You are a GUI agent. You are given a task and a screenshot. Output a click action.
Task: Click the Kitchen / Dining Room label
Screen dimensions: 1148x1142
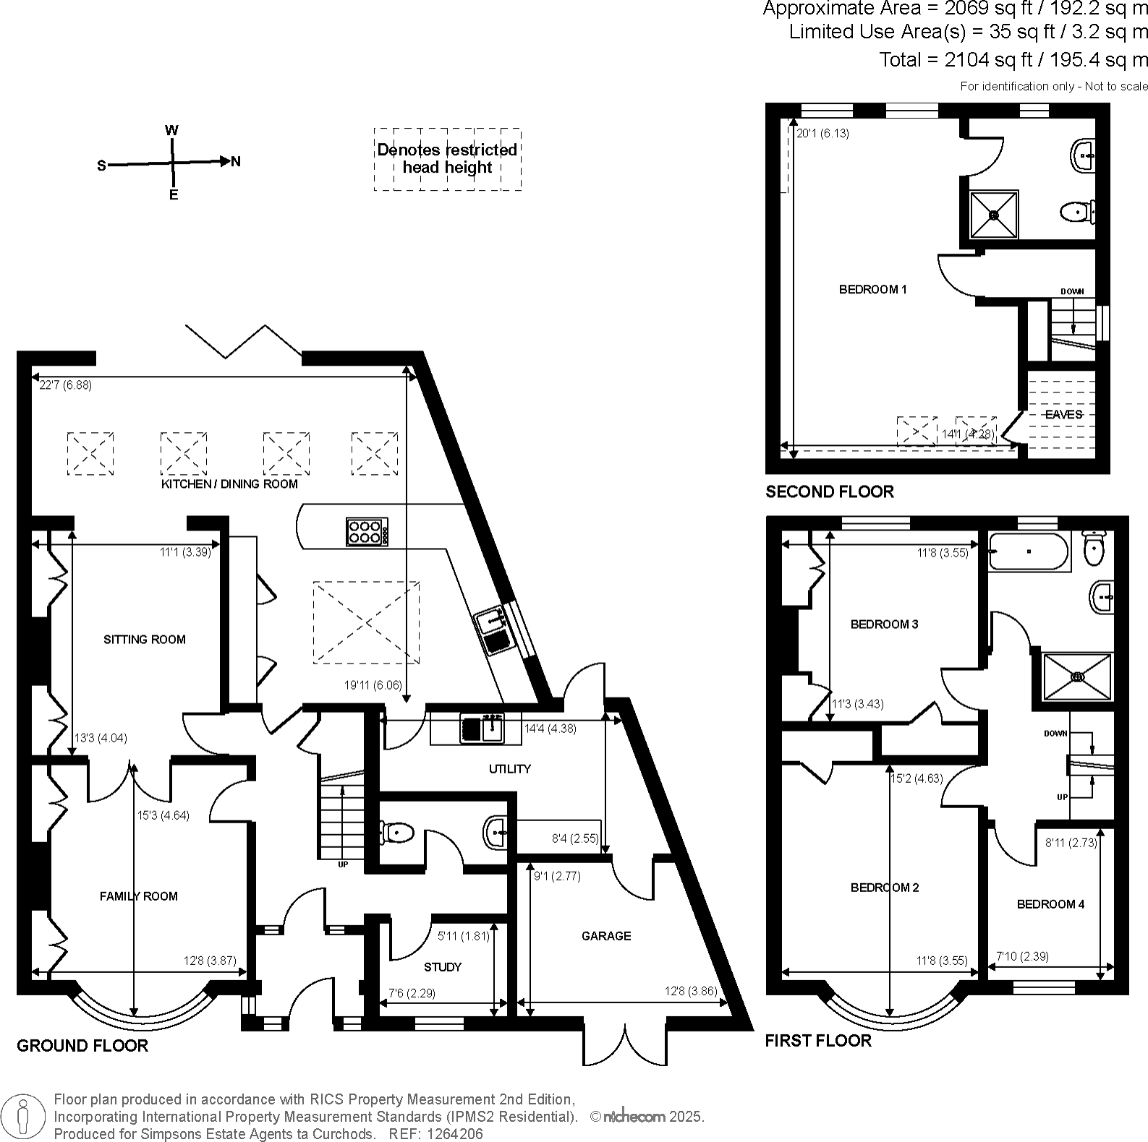[229, 484]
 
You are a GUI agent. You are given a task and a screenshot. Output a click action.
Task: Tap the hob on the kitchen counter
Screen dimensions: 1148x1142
[367, 532]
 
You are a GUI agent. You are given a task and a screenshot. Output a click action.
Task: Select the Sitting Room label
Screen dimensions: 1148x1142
[145, 639]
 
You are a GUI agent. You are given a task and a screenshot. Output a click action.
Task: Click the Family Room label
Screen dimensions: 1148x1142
[139, 896]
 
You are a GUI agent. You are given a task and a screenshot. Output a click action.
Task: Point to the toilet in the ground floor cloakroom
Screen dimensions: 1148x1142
[396, 833]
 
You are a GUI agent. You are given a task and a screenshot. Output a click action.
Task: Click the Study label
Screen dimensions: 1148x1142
[443, 967]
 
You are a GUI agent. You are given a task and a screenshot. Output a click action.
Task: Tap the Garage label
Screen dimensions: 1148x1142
[606, 936]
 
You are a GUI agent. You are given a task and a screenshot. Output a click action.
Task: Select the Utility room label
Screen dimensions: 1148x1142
[510, 769]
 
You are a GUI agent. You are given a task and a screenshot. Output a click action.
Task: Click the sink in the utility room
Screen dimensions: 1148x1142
[482, 728]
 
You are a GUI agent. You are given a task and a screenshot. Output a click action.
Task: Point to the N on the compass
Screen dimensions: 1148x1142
[236, 161]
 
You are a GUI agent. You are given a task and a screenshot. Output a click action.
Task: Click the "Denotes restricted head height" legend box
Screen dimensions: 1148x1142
[448, 159]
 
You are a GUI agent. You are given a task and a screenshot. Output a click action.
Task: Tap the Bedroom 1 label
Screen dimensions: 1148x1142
[872, 290]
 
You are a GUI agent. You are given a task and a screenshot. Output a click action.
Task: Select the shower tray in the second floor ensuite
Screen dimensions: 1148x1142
[994, 215]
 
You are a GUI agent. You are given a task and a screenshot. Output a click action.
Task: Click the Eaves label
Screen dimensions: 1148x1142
[1063, 414]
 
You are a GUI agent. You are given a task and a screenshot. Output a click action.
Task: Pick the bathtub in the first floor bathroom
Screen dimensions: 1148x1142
[1028, 551]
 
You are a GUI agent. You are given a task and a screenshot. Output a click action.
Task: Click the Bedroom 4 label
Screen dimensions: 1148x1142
[1050, 904]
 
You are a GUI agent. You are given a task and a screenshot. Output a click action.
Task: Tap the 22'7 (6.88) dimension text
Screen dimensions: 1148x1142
[65, 385]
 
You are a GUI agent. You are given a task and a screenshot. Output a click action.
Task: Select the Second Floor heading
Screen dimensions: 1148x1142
[830, 491]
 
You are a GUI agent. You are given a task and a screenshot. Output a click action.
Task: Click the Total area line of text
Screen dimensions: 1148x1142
[1013, 59]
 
